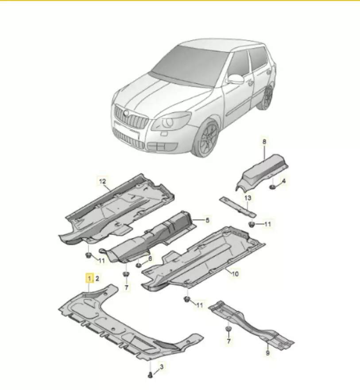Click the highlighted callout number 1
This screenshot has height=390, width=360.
pos(89,278)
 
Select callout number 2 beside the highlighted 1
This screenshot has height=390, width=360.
pos(97,278)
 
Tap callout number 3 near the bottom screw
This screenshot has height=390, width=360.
pos(162,367)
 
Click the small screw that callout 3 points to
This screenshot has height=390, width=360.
pos(150,375)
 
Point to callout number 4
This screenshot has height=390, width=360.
pos(284,181)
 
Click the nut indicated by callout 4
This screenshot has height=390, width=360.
pos(272,187)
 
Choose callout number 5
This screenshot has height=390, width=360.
pos(207,220)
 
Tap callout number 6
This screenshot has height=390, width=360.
pos(150,259)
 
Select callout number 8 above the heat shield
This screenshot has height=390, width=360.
pos(264,142)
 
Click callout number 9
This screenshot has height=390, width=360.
pos(268,353)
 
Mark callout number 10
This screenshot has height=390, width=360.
pos(235,274)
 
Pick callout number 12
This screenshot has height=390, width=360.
pos(102,181)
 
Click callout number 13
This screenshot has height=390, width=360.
pos(248,198)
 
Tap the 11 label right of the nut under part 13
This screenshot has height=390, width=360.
pos(267,224)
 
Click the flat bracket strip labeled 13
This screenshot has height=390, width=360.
pos(238,206)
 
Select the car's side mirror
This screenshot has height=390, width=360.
pos(236,79)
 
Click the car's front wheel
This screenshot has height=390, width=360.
pos(206,138)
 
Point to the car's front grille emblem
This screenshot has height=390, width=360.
pos(126,113)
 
